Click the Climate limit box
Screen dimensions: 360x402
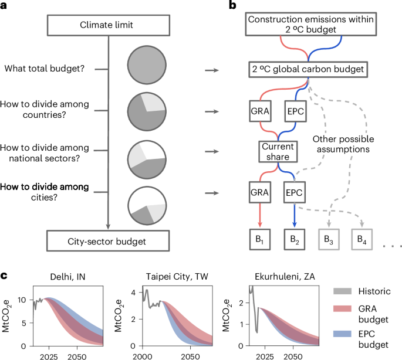pos(106,26)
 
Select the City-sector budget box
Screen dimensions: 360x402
pos(106,240)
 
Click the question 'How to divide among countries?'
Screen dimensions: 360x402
pos(53,109)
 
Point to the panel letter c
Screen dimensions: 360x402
pos(5,275)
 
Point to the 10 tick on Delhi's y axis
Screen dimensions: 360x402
pos(21,300)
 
